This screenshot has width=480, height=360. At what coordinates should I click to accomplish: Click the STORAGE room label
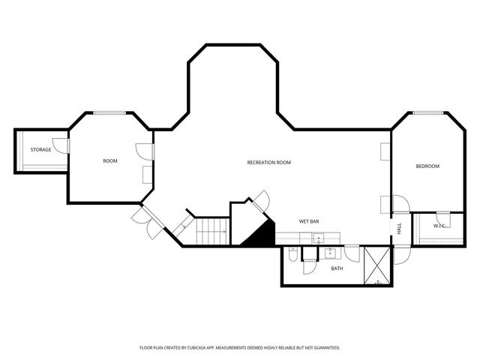40,150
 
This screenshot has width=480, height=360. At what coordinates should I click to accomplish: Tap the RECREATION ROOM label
268,163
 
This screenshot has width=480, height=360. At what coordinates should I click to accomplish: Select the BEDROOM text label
427,166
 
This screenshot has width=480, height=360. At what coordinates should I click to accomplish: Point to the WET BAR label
310,222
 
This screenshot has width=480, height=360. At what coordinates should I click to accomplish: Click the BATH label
337,268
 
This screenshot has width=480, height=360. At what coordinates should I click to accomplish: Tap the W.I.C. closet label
439,226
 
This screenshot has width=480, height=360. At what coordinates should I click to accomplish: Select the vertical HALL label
399,228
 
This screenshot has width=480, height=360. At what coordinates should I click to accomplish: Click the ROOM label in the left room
110,161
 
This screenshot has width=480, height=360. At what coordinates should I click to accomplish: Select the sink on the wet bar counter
319,239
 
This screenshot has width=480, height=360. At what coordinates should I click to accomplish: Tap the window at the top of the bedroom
427,113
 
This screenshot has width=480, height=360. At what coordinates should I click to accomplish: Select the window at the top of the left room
109,113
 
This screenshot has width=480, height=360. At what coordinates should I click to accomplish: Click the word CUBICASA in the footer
196,348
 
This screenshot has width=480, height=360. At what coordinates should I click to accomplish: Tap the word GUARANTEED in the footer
325,348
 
